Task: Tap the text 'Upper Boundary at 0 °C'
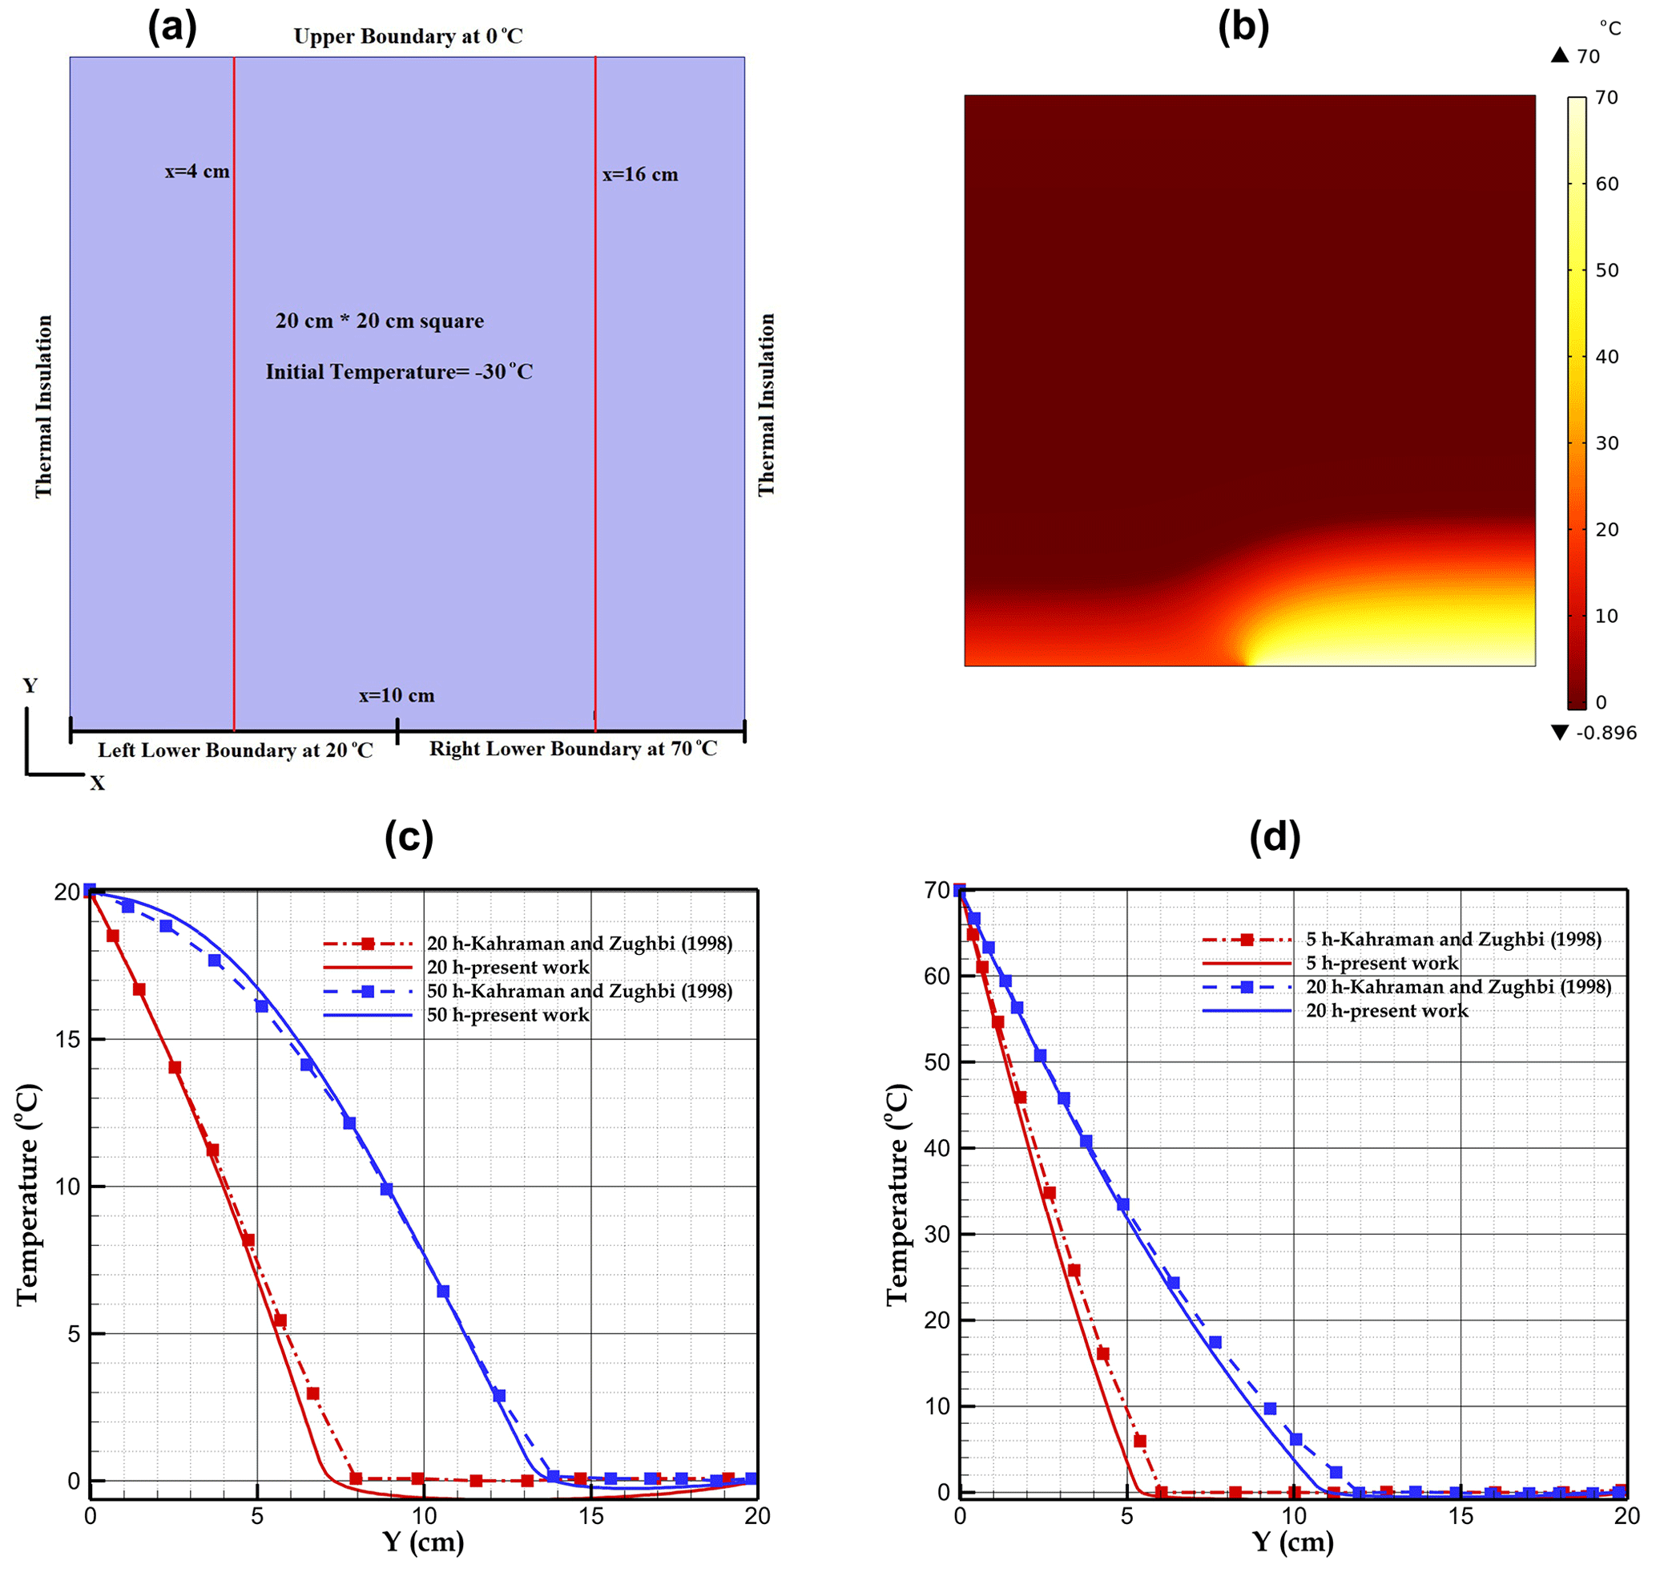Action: click(x=408, y=37)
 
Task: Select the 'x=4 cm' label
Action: click(x=197, y=172)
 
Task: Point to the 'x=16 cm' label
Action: click(x=640, y=175)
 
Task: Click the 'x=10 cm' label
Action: click(x=397, y=696)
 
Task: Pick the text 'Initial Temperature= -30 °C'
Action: click(x=400, y=372)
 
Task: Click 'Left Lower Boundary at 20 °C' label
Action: click(x=236, y=750)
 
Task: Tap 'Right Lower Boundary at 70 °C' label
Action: click(x=574, y=749)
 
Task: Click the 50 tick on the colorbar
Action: click(x=1606, y=270)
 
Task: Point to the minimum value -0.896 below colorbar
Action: click(x=1606, y=734)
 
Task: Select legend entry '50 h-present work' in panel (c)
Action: click(x=507, y=1015)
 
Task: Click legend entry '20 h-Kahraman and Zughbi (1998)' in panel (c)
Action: click(x=579, y=944)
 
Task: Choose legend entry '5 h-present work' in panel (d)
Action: click(x=1382, y=964)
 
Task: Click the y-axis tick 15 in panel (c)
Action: click(x=68, y=1040)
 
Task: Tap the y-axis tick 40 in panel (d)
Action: click(x=938, y=1148)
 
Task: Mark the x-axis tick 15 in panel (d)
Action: click(x=1461, y=1515)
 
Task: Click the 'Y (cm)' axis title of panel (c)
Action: click(x=423, y=1541)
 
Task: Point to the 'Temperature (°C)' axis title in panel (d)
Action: click(x=897, y=1196)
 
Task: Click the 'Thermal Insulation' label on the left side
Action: click(x=43, y=406)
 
